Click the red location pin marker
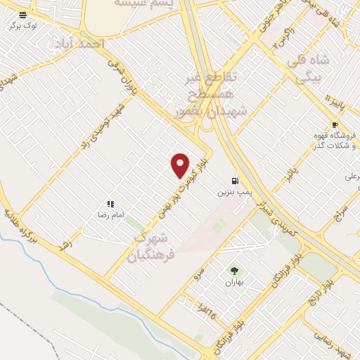(x=181, y=165)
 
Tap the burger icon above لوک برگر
(x=23, y=15)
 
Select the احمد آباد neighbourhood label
(x=78, y=44)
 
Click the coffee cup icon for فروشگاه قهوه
(x=335, y=125)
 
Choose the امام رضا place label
(x=110, y=213)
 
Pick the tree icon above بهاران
(x=233, y=271)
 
